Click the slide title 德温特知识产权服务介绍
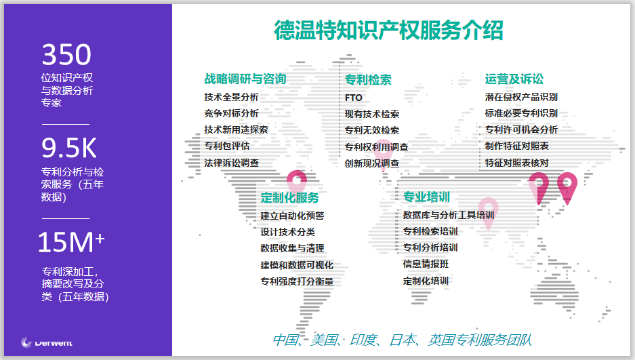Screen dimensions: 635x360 coord(388,31)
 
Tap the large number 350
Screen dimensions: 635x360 coord(67,55)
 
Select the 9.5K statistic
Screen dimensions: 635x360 coord(69,148)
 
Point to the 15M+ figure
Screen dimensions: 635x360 coord(71,242)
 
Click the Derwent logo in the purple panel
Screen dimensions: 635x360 coord(47,342)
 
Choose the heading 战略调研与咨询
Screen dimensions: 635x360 coord(245,79)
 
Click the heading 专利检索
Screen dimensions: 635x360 coord(368,80)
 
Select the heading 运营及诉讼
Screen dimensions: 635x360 coord(514,79)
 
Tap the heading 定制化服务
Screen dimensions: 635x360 coord(289,197)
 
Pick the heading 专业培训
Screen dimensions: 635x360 coord(426,197)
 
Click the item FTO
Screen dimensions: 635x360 coord(354,98)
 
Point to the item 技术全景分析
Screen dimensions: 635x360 coord(231,97)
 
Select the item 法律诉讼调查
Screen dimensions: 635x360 coord(231,163)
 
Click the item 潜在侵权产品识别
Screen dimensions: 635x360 coord(521,97)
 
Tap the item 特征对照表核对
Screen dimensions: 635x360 coord(517,163)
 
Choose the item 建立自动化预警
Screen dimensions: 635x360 coord(292,216)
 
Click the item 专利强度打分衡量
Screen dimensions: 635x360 coord(297,281)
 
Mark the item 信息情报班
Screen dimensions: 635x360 coord(426,264)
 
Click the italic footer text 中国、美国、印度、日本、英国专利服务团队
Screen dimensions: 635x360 coord(402,340)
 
